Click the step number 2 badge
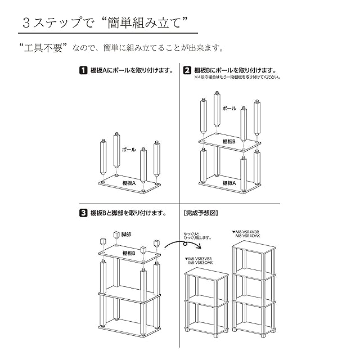pos(187,71)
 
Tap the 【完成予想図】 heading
pos(200,214)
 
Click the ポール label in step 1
pos(129,151)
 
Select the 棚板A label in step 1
pos(130,183)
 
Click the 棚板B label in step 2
pos(228,141)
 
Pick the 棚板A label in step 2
pos(228,183)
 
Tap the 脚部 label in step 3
pos(126,234)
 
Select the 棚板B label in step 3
pos(127,253)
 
